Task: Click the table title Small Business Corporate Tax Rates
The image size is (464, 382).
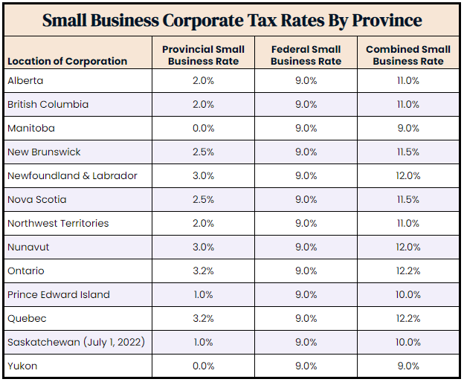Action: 232,20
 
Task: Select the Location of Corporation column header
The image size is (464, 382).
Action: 67,61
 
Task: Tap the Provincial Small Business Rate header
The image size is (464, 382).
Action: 203,55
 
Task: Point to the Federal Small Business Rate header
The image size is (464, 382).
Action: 306,55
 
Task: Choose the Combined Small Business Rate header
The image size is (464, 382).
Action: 407,55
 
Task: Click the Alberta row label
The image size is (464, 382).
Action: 25,80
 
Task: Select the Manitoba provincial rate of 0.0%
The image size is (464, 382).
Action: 203,128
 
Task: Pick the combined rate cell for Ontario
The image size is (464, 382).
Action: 407,271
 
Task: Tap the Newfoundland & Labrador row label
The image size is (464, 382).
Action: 72,175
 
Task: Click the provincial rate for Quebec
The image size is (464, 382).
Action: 203,318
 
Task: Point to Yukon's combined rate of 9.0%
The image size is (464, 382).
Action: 407,366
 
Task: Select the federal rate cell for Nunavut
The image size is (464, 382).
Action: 306,247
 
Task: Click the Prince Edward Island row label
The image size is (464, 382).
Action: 59,294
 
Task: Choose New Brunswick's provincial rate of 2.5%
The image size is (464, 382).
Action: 203,152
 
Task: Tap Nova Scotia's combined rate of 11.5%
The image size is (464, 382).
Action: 407,199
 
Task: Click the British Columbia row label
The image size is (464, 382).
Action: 48,104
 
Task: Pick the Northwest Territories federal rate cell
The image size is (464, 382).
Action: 306,223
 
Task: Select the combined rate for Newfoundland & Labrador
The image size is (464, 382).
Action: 407,175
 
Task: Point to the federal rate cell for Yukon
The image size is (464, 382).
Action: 306,366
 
